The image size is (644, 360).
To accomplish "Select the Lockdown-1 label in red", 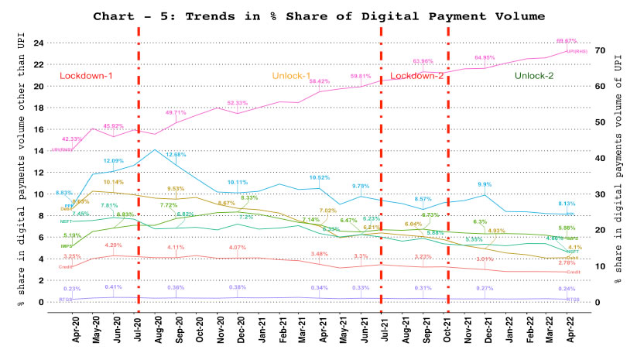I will pyautogui.click(x=86, y=76).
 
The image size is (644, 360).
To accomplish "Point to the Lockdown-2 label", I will pyautogui.click(x=416, y=76).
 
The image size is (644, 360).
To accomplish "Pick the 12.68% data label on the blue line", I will pyautogui.click(x=176, y=155).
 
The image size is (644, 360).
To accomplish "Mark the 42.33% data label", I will pyautogui.click(x=72, y=139).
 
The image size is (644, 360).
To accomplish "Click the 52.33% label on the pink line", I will pyautogui.click(x=237, y=103).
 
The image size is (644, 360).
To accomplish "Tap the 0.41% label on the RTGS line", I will pyautogui.click(x=115, y=287).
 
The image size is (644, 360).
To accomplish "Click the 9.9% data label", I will pyautogui.click(x=485, y=184).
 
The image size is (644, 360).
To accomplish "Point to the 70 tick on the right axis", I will pyautogui.click(x=599, y=50).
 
